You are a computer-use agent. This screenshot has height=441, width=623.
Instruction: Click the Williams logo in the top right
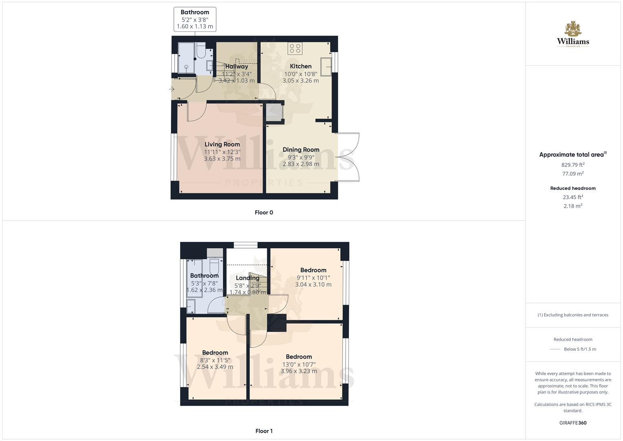pyautogui.click(x=573, y=34)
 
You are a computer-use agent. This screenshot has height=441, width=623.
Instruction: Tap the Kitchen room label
pyautogui.click(x=301, y=66)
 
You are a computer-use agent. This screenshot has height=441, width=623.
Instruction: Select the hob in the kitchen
pyautogui.click(x=295, y=49)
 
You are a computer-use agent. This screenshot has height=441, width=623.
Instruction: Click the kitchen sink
pyautogui.click(x=326, y=67)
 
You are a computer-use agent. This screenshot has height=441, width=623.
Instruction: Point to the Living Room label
pyautogui.click(x=222, y=144)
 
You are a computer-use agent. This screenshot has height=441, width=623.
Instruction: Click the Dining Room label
pyautogui.click(x=301, y=149)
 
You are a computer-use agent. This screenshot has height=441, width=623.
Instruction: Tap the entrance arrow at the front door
pyautogui.click(x=172, y=89)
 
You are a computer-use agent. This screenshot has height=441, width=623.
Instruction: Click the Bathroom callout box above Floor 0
pyautogui.click(x=195, y=19)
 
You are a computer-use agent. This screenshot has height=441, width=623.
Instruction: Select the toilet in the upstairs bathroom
pyautogui.click(x=215, y=267)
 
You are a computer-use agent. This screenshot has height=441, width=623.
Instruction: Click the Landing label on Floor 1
pyautogui.click(x=247, y=278)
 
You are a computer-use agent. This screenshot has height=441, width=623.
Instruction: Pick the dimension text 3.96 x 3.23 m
pyautogui.click(x=299, y=371)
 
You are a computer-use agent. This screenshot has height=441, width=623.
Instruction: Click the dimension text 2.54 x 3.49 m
pyautogui.click(x=215, y=367)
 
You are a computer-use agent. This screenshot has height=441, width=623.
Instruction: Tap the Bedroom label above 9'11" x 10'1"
pyautogui.click(x=313, y=270)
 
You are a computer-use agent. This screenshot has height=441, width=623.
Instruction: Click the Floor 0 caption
pyautogui.click(x=264, y=212)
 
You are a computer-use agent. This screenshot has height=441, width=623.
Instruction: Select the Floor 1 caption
pyautogui.click(x=264, y=431)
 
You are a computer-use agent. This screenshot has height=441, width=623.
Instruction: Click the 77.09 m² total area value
pyautogui.click(x=573, y=174)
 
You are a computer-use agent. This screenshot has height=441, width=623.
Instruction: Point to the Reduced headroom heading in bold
pyautogui.click(x=573, y=188)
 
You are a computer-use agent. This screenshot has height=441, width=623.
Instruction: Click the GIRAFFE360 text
pyautogui.click(x=573, y=423)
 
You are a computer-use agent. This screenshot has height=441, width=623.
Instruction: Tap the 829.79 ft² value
pyautogui.click(x=573, y=165)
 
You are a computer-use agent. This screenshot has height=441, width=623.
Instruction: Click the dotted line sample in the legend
pyautogui.click(x=555, y=349)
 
